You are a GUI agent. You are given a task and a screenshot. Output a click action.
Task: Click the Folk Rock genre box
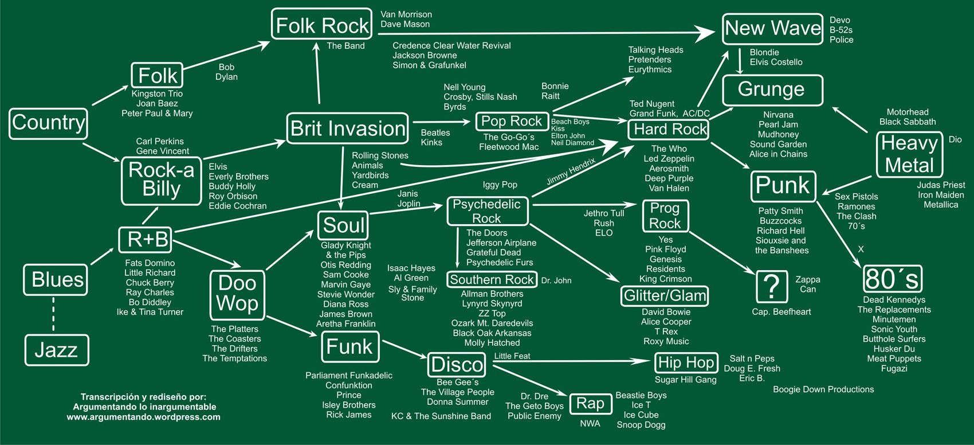click(x=322, y=25)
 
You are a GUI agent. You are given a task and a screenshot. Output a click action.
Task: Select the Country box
click(x=49, y=123)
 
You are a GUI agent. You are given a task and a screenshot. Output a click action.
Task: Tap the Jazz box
click(x=56, y=350)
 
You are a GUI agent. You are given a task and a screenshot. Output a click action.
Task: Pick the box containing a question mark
click(x=771, y=286)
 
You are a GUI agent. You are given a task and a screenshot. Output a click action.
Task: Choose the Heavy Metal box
click(x=909, y=154)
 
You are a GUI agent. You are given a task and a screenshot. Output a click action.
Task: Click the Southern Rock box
click(x=492, y=280)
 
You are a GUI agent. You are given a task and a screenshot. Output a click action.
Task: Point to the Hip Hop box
click(x=686, y=363)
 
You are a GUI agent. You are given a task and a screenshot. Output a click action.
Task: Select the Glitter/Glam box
click(x=665, y=296)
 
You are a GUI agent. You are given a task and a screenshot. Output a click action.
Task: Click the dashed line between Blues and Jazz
click(x=53, y=314)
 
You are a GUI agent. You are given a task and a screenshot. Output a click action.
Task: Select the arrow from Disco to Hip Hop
click(x=573, y=362)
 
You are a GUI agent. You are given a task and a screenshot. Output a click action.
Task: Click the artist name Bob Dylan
click(x=226, y=72)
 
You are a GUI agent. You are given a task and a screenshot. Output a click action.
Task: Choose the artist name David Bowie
click(x=666, y=312)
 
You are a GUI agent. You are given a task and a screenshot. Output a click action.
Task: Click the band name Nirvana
click(x=778, y=115)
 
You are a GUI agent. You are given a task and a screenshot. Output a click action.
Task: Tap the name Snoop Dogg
click(x=641, y=425)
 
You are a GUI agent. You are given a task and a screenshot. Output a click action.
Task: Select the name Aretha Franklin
click(x=345, y=324)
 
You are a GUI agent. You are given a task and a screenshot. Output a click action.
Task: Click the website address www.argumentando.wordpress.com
click(x=143, y=417)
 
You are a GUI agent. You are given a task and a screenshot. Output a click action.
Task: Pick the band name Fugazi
click(x=894, y=369)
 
